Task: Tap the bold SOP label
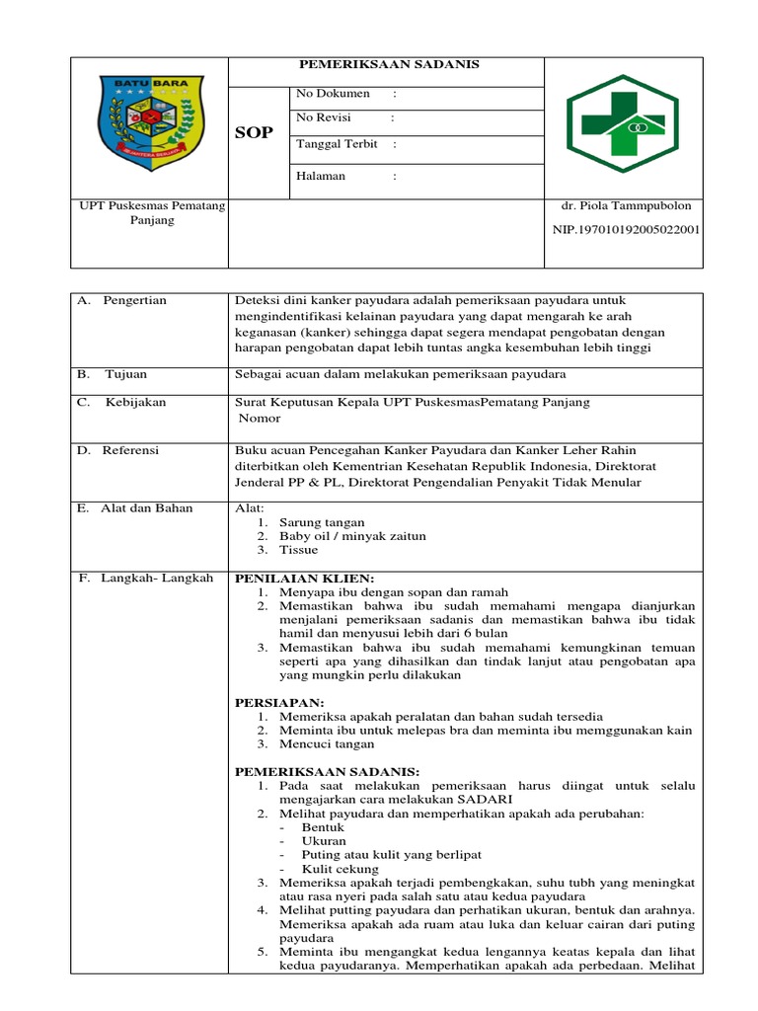(254, 133)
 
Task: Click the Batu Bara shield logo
(149, 124)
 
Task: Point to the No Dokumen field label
(333, 94)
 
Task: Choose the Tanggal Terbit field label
(337, 144)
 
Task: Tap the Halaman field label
(321, 177)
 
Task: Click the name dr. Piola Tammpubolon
(626, 206)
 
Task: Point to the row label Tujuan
(127, 375)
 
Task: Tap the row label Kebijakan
(136, 402)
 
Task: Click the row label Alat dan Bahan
(147, 508)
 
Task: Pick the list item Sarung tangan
(322, 522)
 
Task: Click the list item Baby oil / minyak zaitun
(352, 536)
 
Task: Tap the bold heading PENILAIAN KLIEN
(304, 579)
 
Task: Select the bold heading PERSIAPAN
(279, 702)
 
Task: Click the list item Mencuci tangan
(327, 744)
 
